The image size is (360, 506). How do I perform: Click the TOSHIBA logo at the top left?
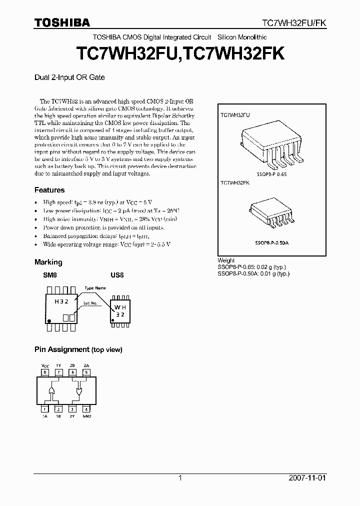(x=62, y=22)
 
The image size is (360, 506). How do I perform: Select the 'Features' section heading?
(x=49, y=190)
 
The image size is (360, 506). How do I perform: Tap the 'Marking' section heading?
(x=48, y=262)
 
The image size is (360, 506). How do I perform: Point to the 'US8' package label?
(x=116, y=275)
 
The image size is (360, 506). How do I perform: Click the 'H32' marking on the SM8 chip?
(x=62, y=302)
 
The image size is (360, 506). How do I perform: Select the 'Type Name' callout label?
(x=95, y=288)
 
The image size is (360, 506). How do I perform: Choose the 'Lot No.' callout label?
(x=90, y=303)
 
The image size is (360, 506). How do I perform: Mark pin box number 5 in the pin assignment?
(x=86, y=372)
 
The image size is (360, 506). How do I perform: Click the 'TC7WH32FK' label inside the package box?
(x=235, y=183)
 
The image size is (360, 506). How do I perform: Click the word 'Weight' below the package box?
(x=226, y=260)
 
